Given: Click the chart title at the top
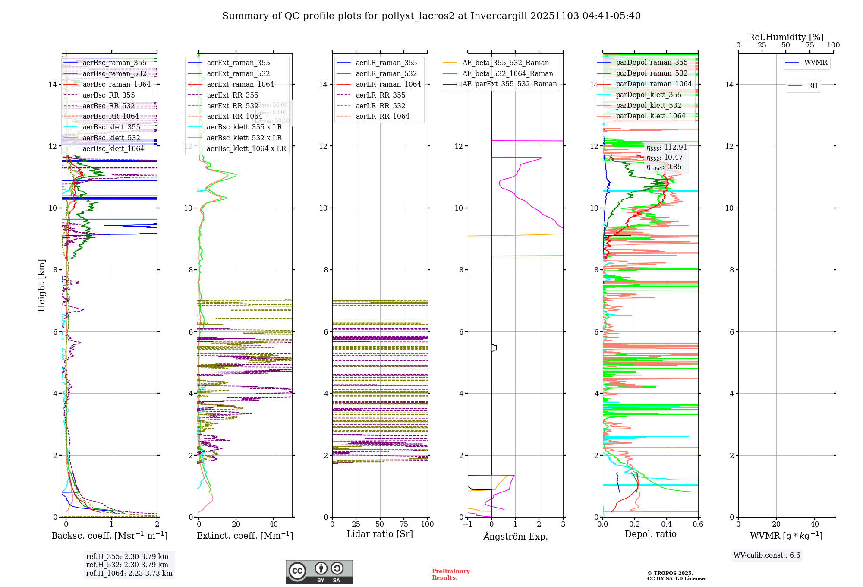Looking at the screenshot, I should (x=431, y=16).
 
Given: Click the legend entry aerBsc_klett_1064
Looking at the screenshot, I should (x=113, y=149).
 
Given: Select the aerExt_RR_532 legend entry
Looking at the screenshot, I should (x=232, y=106).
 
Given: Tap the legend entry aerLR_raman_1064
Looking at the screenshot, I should (x=388, y=85).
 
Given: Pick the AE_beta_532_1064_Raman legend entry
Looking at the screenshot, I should (x=507, y=74).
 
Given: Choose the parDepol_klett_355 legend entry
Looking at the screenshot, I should (x=649, y=95).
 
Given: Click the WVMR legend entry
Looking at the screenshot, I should (x=816, y=63).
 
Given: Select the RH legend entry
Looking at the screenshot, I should (x=813, y=86).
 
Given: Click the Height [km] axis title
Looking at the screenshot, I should (x=41, y=285).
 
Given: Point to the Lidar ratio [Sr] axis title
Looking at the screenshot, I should (x=380, y=534).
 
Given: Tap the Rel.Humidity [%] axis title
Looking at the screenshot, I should (x=786, y=37).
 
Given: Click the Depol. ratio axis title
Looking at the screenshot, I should (x=650, y=534).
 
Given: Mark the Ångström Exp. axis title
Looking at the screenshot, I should (x=515, y=536).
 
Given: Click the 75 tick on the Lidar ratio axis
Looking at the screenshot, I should (x=404, y=524).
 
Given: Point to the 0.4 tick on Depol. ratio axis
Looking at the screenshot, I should (x=666, y=524).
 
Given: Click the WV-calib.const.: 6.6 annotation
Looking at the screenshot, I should (x=767, y=555).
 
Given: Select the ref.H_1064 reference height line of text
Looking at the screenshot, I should (x=129, y=574).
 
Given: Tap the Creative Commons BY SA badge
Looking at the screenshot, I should (x=319, y=572).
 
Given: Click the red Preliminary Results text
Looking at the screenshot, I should (x=450, y=574).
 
